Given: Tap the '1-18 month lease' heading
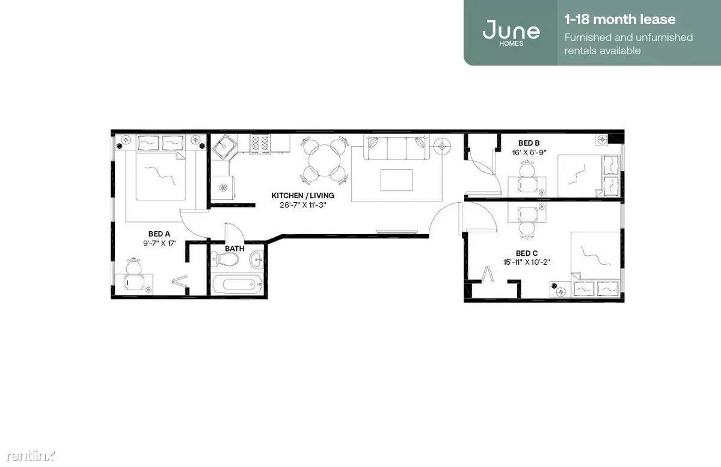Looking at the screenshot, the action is point(620,19).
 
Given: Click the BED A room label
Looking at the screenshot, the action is point(159,233).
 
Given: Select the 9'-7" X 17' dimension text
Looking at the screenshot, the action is point(159,243).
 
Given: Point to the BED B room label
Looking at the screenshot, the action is point(529,143).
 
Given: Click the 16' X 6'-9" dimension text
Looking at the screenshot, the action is point(529,152).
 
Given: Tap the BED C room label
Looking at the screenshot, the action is point(527,253).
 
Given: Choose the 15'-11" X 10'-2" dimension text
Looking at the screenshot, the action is point(527,262).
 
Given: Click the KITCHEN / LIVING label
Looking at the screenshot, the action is point(302,196).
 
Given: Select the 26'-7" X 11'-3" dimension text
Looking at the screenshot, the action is point(302,205).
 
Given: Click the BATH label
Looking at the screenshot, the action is point(235,249).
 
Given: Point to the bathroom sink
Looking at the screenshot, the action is point(257,261).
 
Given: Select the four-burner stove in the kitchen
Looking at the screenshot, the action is point(260,144).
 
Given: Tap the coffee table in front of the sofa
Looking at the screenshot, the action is point(396,179).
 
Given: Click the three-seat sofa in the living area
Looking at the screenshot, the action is point(396,147).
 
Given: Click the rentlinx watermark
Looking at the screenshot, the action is point(30,455).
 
